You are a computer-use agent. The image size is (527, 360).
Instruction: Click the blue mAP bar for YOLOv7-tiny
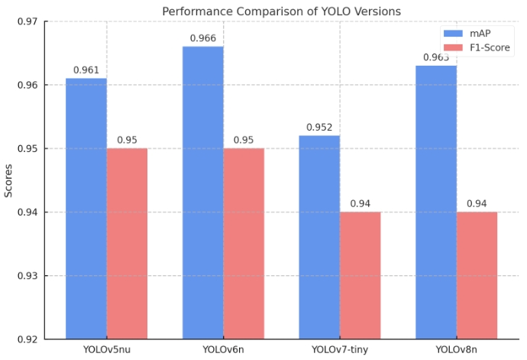point(319,237)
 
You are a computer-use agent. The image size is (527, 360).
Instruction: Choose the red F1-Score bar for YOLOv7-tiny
point(360,275)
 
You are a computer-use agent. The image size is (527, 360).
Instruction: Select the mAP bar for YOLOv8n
point(436,202)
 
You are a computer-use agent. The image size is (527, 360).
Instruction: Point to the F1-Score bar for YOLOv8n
point(477,275)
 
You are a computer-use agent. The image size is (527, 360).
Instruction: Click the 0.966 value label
point(203,37)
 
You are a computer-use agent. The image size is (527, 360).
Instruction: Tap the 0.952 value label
point(319,127)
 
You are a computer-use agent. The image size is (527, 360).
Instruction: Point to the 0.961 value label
point(86,70)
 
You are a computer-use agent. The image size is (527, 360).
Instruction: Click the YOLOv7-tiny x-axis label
point(339,350)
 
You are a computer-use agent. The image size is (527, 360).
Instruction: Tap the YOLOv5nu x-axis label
point(106,350)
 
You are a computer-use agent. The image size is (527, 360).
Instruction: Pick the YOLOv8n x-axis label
point(456,350)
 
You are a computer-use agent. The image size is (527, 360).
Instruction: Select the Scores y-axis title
point(8,180)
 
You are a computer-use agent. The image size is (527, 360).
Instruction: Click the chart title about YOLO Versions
point(281,11)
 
